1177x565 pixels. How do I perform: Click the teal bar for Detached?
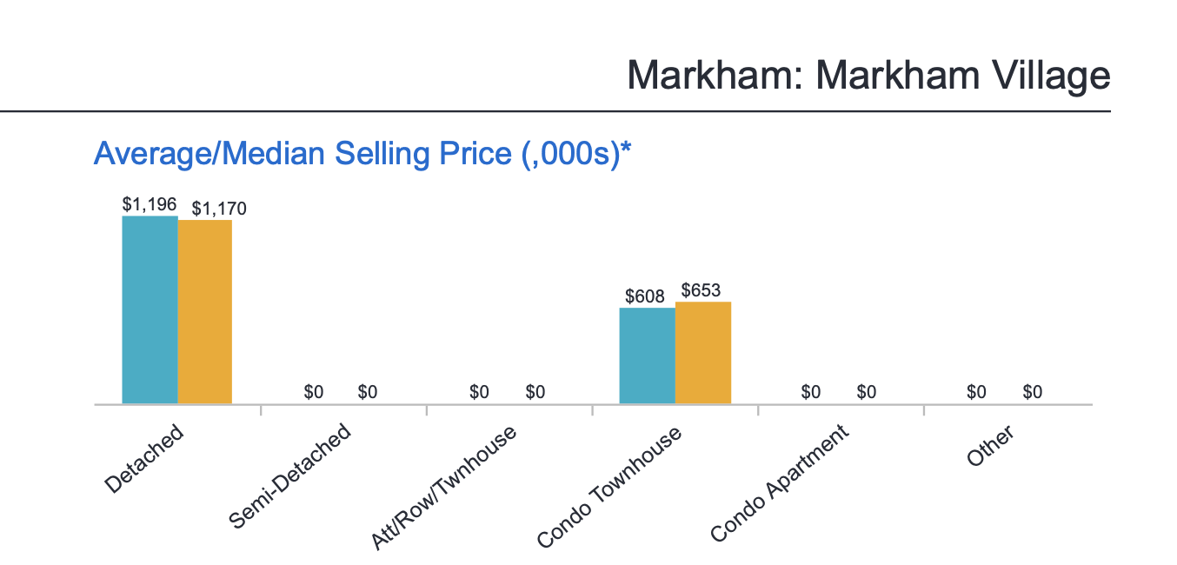tap(150, 309)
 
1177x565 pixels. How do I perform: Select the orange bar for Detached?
tap(205, 312)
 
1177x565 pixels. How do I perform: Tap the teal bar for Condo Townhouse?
tap(647, 356)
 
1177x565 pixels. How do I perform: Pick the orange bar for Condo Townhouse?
tap(703, 353)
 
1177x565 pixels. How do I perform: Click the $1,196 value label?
tap(150, 204)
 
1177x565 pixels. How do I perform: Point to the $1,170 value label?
tap(219, 209)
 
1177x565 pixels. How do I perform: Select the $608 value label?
tap(645, 296)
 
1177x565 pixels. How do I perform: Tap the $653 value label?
tap(701, 290)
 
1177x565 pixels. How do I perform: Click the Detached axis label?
tap(144, 458)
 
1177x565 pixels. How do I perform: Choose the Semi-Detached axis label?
tap(290, 475)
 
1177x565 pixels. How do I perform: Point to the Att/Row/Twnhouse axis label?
tap(443, 488)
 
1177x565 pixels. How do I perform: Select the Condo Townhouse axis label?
tap(608, 487)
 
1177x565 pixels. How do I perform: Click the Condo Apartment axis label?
tap(779, 483)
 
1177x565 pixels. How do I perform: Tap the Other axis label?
tap(991, 447)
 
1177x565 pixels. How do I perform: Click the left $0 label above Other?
tap(976, 392)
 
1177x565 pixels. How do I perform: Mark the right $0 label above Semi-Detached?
tap(368, 392)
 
